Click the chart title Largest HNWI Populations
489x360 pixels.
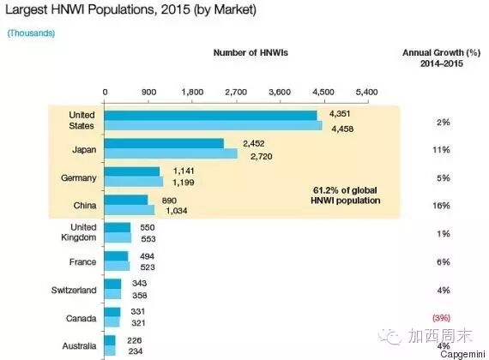click(x=131, y=9)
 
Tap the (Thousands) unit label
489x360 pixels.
click(x=31, y=33)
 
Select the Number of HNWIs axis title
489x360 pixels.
click(x=251, y=52)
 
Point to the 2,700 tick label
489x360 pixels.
click(x=236, y=92)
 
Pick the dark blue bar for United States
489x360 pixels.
click(x=210, y=116)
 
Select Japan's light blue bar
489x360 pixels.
click(x=171, y=153)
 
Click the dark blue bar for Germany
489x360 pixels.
click(x=132, y=171)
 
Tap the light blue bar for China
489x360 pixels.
click(x=130, y=210)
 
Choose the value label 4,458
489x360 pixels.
click(x=342, y=129)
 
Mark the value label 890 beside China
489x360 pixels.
click(x=169, y=201)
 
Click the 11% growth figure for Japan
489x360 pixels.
click(x=441, y=150)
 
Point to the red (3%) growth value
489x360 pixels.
click(x=441, y=318)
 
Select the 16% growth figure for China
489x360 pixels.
click(x=441, y=206)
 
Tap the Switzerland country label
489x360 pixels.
click(x=74, y=291)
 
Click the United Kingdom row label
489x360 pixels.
click(x=79, y=232)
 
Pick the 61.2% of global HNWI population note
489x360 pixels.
click(x=346, y=195)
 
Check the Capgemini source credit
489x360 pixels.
click(x=462, y=354)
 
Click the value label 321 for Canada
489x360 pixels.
click(x=138, y=323)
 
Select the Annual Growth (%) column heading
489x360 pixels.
click(x=441, y=58)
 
